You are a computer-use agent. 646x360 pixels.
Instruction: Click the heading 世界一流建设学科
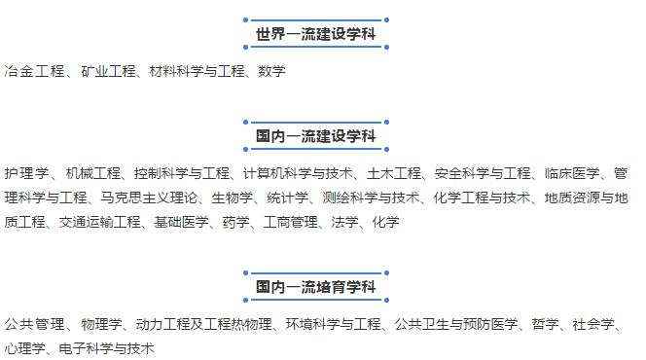pos(316,36)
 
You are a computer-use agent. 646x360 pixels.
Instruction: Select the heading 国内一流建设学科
pos(316,135)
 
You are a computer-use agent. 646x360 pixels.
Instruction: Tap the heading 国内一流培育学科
pos(316,288)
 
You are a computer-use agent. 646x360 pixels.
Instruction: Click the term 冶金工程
pos(34,71)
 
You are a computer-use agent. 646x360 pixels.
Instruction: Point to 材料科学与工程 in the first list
pos(190,71)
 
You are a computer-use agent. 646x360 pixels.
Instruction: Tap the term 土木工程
pos(394,174)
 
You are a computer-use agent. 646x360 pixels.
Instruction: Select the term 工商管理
pos(291,223)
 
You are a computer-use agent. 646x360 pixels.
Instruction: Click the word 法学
pos(345,223)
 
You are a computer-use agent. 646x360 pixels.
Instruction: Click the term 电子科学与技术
pos(106,348)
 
